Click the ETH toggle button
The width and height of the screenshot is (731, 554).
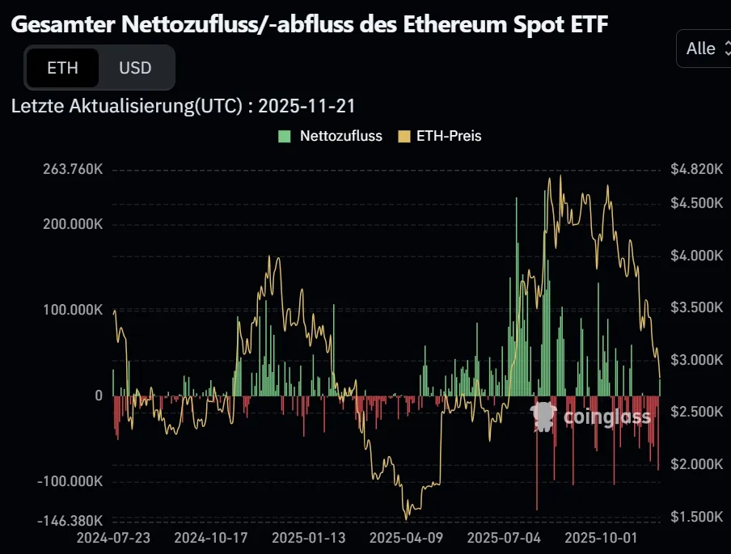point(62,68)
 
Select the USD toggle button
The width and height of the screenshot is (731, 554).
point(135,68)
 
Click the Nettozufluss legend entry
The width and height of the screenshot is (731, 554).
point(331,136)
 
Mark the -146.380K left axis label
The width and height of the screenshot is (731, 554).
point(71,520)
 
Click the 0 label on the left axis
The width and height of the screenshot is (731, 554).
point(99,395)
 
